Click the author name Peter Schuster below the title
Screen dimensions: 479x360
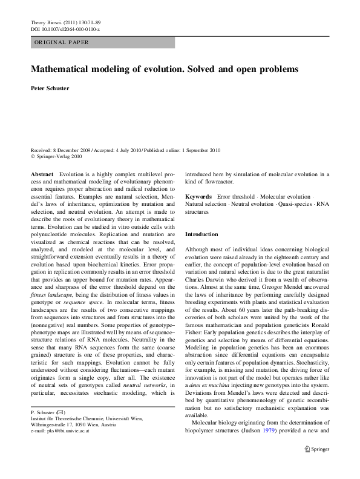[x=50, y=88]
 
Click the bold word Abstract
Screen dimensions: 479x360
[x=42, y=174]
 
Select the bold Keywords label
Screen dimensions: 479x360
[x=198, y=197]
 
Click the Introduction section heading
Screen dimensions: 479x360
[x=201, y=234]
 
